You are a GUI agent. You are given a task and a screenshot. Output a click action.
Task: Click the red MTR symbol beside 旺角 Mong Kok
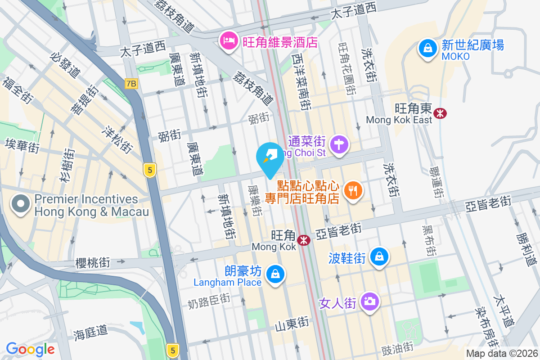click(x=305, y=240)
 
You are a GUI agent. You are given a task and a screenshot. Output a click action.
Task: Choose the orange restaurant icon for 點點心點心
click(x=353, y=191)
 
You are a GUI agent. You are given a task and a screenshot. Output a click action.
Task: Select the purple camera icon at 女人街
click(x=370, y=301)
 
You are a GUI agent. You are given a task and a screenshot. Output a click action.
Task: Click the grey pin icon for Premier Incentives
click(x=21, y=205)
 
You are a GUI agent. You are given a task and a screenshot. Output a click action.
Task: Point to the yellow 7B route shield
click(x=131, y=84)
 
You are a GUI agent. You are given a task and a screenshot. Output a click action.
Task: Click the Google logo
click(x=30, y=349)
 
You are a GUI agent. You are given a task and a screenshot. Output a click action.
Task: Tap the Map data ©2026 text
click(x=502, y=354)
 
